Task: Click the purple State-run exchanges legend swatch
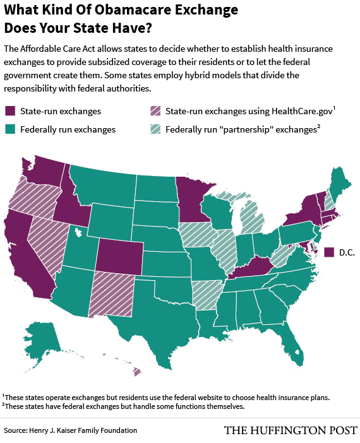point(9,112)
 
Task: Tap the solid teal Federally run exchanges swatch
point(9,129)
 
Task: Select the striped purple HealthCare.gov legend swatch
point(155,112)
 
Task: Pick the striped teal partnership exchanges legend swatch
point(155,129)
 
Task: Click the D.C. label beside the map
point(346,252)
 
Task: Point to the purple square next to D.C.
point(328,252)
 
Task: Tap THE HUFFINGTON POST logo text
point(290,430)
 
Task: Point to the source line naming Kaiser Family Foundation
point(70,430)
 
